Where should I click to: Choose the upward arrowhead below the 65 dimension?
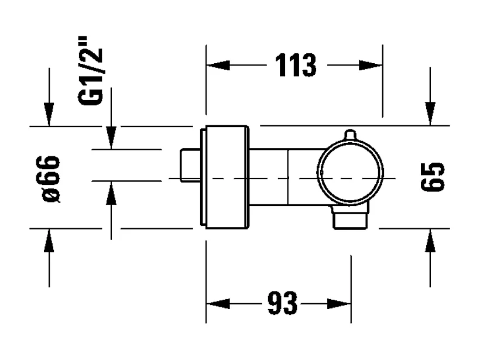(431, 242)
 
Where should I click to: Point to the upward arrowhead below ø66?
(49, 242)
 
